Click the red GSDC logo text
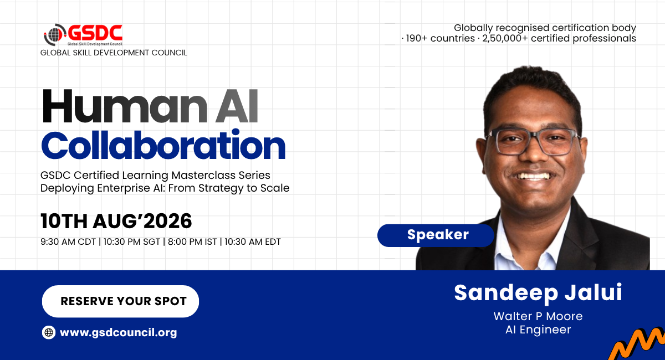(95, 33)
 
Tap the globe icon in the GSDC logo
(54, 35)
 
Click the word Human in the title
(125, 106)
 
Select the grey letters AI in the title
(237, 106)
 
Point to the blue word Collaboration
(163, 145)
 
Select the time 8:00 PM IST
(192, 242)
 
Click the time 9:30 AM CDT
(68, 242)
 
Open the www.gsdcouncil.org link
(118, 332)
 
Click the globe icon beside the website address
(49, 332)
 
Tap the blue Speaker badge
(436, 235)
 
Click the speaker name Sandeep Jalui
(538, 293)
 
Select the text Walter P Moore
(538, 316)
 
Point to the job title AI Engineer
(538, 330)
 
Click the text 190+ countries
(440, 38)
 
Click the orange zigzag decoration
(637, 344)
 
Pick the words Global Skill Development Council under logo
(114, 53)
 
